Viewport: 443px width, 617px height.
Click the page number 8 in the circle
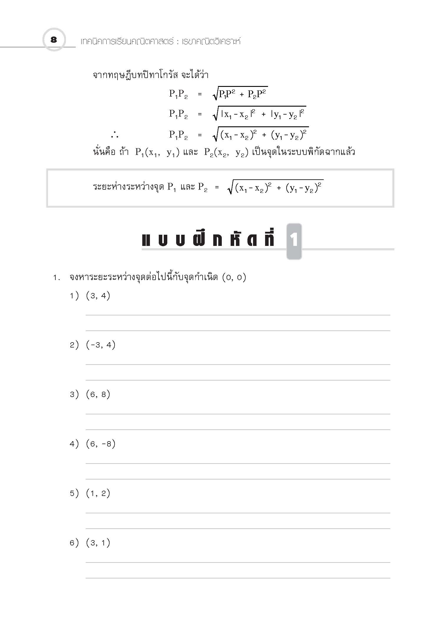click(54, 40)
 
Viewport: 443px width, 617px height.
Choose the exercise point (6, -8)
click(101, 444)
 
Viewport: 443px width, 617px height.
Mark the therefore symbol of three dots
click(115, 135)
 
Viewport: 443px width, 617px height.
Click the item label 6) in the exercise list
click(74, 542)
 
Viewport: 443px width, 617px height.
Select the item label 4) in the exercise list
click(74, 444)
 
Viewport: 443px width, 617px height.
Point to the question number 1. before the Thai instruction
click(57, 278)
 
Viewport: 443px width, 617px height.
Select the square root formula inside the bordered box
click(275, 187)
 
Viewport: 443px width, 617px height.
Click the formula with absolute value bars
click(259, 114)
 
